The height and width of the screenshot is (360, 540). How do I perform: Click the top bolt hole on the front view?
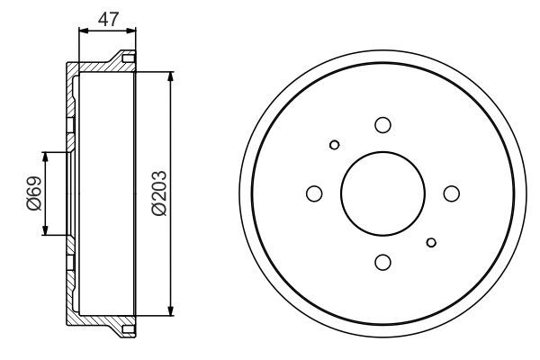tap(382, 125)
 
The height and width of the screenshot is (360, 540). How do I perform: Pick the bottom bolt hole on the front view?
tap(382, 262)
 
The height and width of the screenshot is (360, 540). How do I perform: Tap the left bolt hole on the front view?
tap(314, 193)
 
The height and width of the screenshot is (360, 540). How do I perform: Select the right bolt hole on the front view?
tap(451, 193)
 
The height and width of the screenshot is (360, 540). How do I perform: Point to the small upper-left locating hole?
tap(334, 145)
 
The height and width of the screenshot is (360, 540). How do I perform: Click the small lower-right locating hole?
tap(432, 241)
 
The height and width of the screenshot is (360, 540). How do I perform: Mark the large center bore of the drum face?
tap(382, 193)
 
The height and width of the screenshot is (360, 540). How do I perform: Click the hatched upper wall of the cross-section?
tap(94, 67)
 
